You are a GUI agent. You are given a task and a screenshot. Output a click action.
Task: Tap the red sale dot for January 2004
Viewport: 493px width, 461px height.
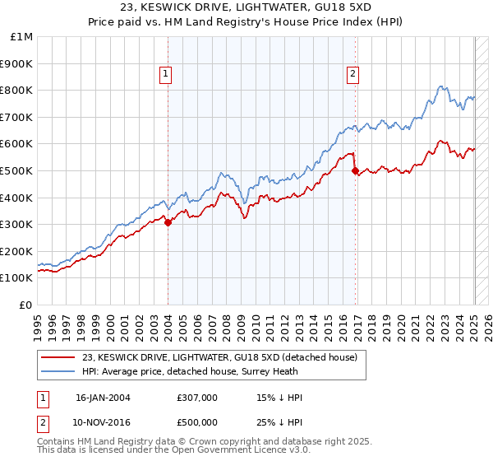point(168,221)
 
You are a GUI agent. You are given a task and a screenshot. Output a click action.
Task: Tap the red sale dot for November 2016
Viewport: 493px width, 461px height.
point(355,170)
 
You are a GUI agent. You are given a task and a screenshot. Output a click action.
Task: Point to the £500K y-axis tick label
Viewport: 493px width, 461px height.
point(16,170)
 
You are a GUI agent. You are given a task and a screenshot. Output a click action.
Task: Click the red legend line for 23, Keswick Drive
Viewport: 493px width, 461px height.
point(58,357)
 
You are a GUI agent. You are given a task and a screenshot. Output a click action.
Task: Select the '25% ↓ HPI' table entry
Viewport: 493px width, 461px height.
point(280,422)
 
